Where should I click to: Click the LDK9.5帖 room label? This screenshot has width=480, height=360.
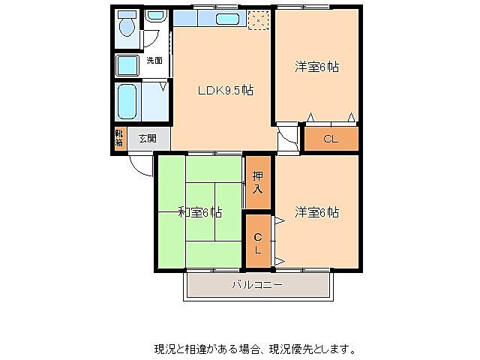pyautogui.click(x=225, y=91)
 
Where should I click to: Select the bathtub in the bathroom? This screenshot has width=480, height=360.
pyautogui.click(x=128, y=101)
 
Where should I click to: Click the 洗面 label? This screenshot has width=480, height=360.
pyautogui.click(x=154, y=60)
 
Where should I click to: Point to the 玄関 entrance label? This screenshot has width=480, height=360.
pyautogui.click(x=147, y=138)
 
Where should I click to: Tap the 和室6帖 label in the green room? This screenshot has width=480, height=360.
pyautogui.click(x=199, y=212)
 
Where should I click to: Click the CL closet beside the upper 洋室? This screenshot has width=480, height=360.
pyautogui.click(x=330, y=138)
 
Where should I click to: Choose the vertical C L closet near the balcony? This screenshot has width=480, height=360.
pyautogui.click(x=257, y=241)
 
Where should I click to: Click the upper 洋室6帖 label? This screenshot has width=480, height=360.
pyautogui.click(x=316, y=67)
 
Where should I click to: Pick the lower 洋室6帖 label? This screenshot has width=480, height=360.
pyautogui.click(x=316, y=212)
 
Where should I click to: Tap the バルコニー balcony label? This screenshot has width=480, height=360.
pyautogui.click(x=256, y=286)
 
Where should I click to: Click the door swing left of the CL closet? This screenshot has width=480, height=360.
pyautogui.click(x=287, y=140)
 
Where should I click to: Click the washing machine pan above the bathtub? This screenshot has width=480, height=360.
pyautogui.click(x=127, y=64)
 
